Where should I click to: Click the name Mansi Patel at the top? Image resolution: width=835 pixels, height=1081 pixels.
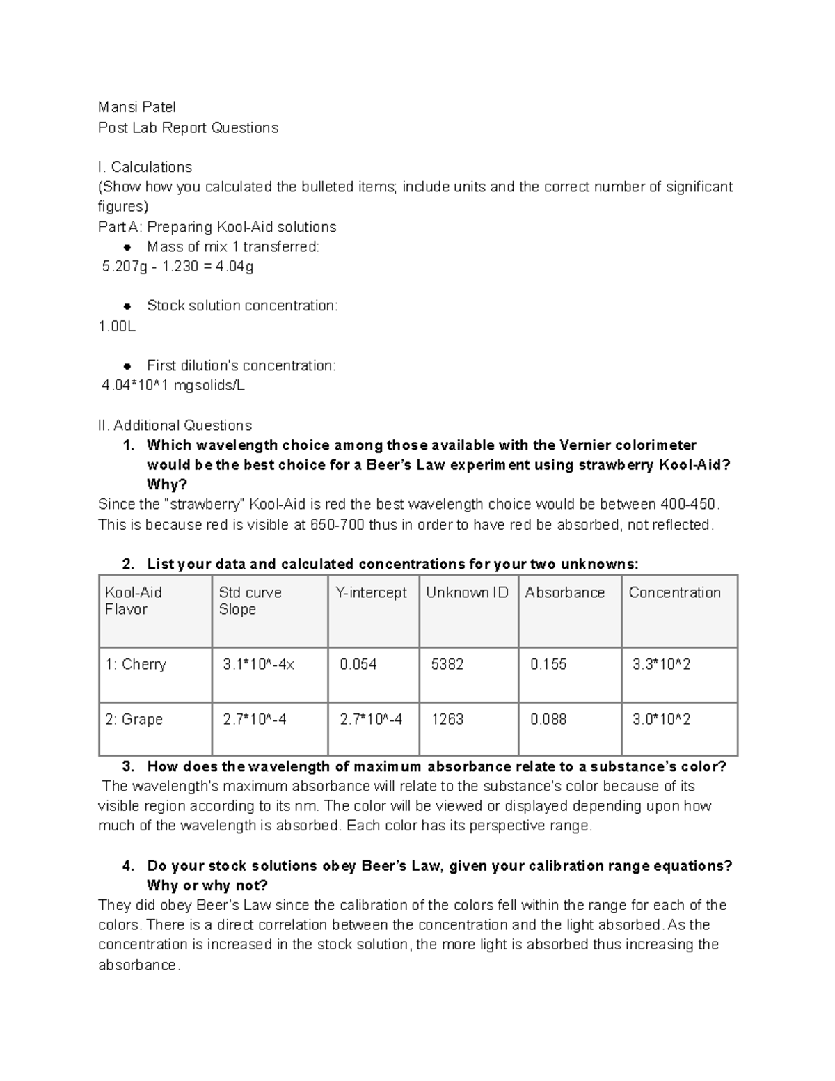136,107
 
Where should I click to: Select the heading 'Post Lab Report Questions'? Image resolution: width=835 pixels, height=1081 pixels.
188,127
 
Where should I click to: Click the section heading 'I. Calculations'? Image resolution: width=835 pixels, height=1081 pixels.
145,167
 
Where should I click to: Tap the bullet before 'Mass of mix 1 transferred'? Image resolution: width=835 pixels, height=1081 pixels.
127,247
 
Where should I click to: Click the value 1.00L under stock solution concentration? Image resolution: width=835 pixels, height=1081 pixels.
117,326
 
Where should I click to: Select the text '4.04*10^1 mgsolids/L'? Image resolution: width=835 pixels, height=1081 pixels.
173,386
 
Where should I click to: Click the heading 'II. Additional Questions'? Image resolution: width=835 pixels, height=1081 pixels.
175,425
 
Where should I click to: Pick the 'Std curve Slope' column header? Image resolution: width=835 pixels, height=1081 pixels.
250,601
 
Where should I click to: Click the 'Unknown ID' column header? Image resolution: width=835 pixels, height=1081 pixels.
467,592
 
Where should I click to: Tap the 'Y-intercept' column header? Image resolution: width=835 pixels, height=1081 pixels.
371,592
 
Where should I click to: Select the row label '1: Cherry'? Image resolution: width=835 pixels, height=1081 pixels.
136,665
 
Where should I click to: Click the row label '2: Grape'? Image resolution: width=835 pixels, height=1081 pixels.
134,719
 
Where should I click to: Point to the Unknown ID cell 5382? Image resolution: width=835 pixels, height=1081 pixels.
447,665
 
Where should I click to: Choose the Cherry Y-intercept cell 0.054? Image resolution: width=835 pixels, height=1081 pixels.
358,665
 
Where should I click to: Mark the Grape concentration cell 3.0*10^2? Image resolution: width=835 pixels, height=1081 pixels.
661,719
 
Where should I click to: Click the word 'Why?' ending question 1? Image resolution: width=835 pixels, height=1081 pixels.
167,484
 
